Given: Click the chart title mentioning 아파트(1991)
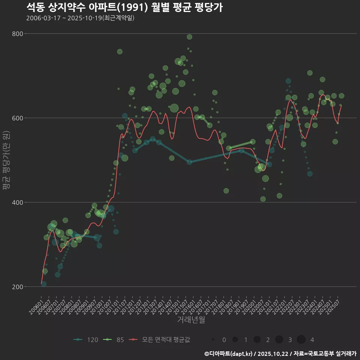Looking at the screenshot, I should coord(124,7).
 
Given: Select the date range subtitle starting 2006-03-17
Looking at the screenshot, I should coord(80,18).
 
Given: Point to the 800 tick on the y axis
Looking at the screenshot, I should coord(18,34).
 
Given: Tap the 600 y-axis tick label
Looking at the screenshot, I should coord(18,118).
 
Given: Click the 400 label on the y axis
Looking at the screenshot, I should coord(18,202).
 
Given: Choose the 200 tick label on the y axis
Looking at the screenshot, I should coord(18,287).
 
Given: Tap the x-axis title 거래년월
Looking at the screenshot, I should coord(191,320).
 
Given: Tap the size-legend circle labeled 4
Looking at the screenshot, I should coord(301,340).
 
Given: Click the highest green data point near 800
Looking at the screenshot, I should coord(189,37).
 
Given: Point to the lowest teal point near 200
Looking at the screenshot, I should coord(44,284).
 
